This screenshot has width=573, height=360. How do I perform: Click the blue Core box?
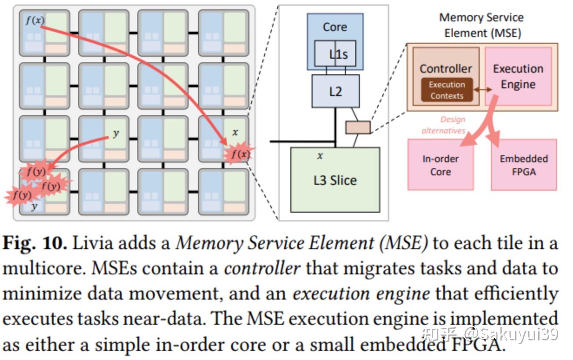(x=335, y=27)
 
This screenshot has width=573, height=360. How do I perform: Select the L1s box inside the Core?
(x=338, y=54)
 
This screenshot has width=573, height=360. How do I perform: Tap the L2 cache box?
(x=335, y=91)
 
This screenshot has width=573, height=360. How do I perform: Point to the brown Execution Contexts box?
(x=447, y=90)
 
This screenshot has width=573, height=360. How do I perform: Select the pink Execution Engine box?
(x=518, y=77)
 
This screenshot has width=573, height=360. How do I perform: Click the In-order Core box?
(x=441, y=165)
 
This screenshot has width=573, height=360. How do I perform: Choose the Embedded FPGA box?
(x=523, y=165)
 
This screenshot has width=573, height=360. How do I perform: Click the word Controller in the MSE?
(x=446, y=69)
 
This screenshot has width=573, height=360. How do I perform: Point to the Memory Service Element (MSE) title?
(x=481, y=25)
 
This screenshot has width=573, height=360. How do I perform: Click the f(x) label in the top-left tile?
(x=35, y=20)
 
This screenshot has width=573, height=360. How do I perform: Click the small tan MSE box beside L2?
(x=358, y=127)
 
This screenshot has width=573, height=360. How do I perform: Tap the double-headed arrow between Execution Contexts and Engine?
(x=483, y=90)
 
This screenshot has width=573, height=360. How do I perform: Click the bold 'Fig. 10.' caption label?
(x=35, y=243)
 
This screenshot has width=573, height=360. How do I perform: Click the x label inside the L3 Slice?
(x=320, y=156)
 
